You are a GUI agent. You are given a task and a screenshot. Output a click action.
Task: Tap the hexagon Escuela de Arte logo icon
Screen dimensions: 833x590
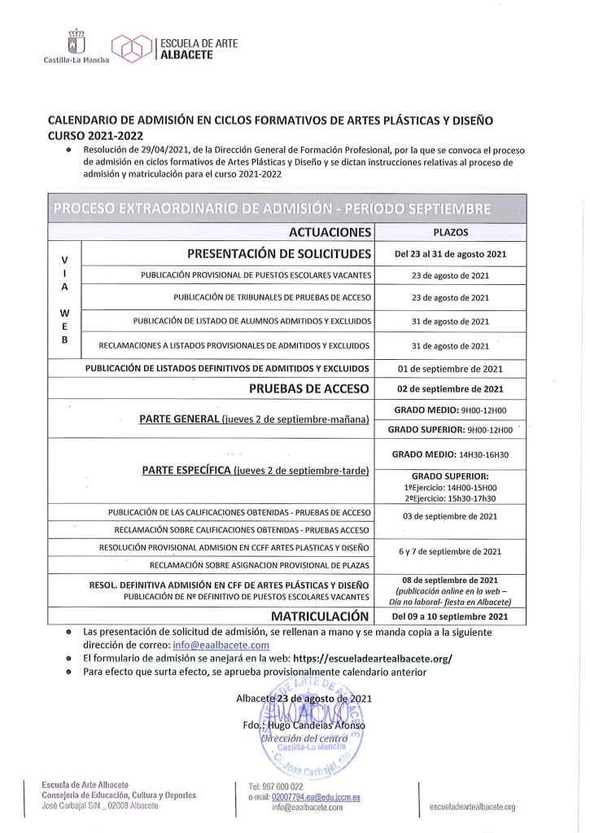131,48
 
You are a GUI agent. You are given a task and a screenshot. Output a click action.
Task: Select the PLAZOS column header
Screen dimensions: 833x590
450,233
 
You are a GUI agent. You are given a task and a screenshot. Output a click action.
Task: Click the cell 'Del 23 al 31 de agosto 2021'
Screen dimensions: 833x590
450,254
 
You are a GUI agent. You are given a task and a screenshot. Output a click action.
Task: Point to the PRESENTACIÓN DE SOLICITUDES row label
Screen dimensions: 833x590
279,254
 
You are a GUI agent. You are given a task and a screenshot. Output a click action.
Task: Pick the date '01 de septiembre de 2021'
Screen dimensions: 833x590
450,368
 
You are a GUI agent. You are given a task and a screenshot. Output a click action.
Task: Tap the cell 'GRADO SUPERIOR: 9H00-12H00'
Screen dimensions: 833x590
450,429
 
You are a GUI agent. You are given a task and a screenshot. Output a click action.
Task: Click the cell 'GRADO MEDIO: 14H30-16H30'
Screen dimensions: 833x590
450,454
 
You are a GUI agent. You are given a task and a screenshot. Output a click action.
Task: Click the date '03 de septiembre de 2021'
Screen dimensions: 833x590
450,515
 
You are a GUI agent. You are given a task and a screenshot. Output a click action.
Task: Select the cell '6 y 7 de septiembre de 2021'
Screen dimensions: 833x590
450,551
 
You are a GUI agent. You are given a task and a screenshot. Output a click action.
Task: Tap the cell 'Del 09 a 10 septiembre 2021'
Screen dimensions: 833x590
450,616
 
